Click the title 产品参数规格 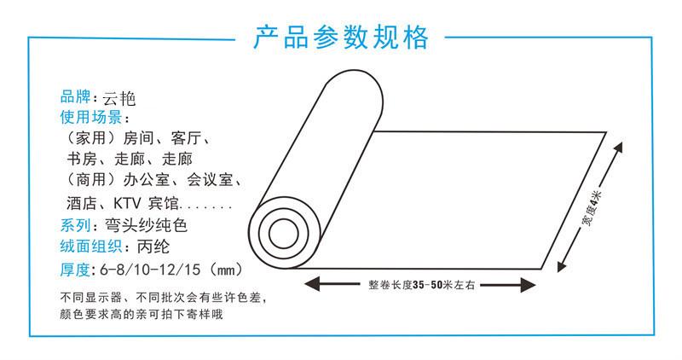click(340, 37)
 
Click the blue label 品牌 click(75, 96)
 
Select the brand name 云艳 click(119, 99)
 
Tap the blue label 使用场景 click(91, 117)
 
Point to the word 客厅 click(187, 138)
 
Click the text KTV click(127, 203)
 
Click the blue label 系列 click(75, 225)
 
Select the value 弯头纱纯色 click(146, 225)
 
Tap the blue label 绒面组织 click(91, 247)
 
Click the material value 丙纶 click(153, 247)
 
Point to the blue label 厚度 click(75, 270)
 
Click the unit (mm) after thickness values click(226, 270)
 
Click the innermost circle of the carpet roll click(284, 234)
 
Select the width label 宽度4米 click(592, 208)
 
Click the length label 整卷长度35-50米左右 click(421, 285)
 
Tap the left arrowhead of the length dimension click(312, 285)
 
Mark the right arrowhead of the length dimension click(528, 285)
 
